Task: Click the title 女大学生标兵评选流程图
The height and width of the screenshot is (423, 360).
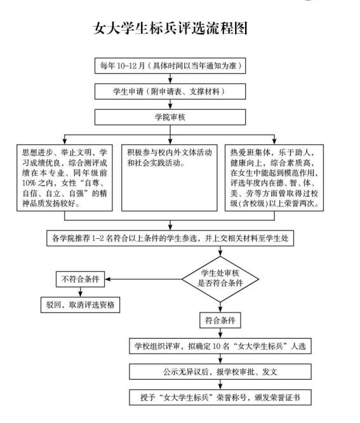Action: point(170,28)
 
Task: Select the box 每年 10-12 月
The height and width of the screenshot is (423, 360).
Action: point(170,65)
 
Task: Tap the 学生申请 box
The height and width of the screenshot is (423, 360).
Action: point(170,91)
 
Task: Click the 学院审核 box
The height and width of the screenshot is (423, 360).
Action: point(170,117)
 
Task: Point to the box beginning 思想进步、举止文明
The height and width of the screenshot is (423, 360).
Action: point(65,178)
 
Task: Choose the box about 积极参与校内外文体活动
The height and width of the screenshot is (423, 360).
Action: point(170,178)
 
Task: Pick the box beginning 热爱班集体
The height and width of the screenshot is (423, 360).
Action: point(274,178)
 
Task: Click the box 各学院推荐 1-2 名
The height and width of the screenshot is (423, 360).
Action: point(170,238)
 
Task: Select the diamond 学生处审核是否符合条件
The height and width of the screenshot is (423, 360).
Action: point(220,279)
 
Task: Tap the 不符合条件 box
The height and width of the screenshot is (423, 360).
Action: point(81,279)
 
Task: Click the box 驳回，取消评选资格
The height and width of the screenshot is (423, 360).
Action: point(81,305)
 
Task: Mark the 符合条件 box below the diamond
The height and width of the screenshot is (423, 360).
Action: point(220,320)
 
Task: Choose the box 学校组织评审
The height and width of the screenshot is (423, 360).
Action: point(220,346)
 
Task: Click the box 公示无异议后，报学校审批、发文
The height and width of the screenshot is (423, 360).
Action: point(220,372)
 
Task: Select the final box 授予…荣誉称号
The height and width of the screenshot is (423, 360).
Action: point(220,398)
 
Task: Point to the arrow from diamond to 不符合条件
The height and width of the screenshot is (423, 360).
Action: point(143,279)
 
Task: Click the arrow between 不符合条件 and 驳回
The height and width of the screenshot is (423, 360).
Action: point(81,292)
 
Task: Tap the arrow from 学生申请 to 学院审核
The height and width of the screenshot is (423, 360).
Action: point(170,104)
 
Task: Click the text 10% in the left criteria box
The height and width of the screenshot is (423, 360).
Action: point(29,183)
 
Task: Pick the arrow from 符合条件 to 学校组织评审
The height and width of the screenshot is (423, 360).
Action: point(220,333)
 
